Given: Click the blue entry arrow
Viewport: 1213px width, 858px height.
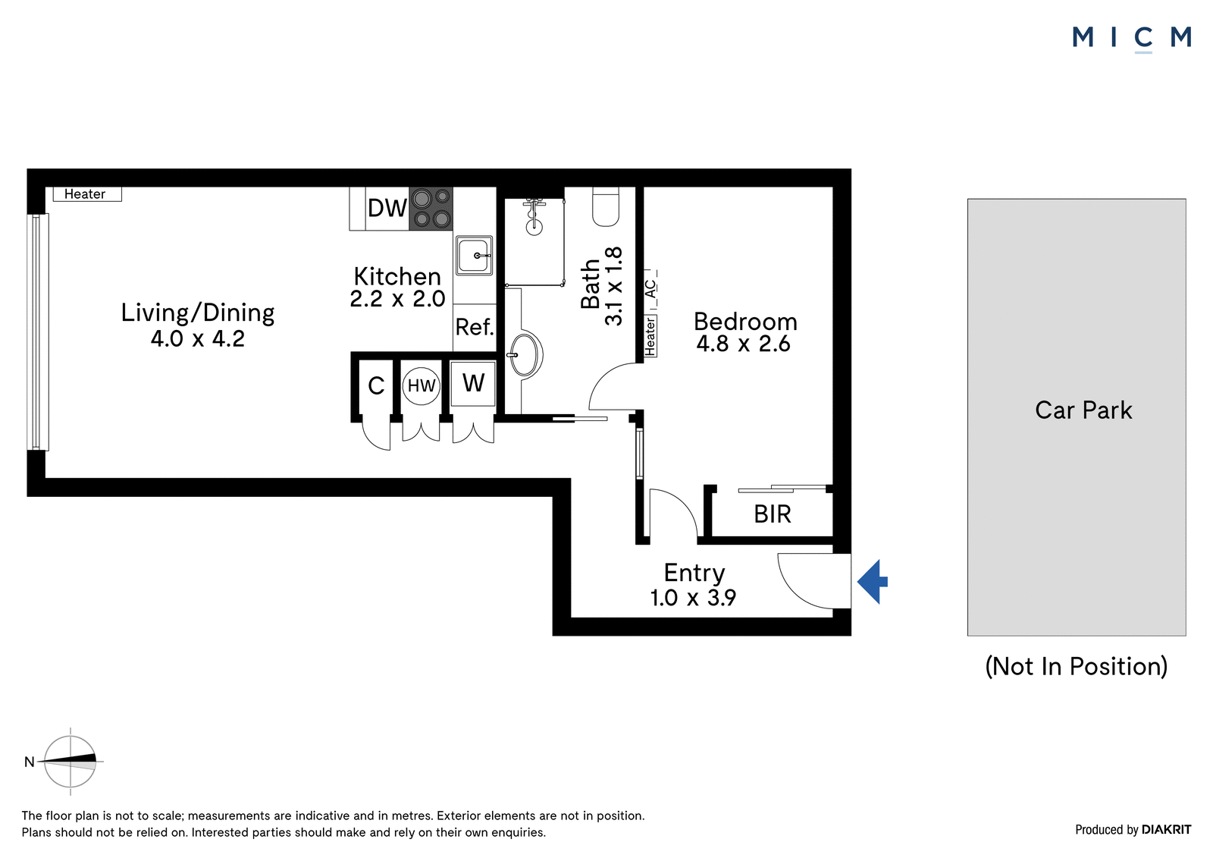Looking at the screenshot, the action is coord(872,582).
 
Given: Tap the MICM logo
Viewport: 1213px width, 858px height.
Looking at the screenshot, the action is coord(1131,39).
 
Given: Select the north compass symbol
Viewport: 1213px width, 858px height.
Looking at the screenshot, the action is coord(70,762).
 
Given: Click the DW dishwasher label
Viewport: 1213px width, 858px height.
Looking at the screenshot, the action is coord(387,208).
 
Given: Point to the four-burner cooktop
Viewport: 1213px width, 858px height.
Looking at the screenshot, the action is coord(431,209).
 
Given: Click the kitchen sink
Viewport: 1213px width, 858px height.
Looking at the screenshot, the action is coord(474,256).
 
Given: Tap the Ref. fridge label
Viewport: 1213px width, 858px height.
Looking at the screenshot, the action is coord(475,328).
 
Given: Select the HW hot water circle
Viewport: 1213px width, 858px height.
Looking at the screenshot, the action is coord(422,386).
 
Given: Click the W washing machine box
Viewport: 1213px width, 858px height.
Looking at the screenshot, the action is coord(473,384).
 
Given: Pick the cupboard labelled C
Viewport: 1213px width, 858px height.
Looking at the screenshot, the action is coord(376,386).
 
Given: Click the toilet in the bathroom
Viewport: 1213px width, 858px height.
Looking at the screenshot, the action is coord(606,206).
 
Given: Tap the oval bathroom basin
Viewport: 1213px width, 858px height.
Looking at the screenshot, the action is coord(525,355).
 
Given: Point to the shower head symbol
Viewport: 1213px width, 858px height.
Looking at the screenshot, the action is coord(534,217).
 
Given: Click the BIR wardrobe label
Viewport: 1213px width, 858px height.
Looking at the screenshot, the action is coord(773,514).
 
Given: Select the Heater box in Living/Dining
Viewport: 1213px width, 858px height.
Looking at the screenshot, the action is coord(87,194).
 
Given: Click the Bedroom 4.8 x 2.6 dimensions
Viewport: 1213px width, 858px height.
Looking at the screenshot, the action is coord(743,344).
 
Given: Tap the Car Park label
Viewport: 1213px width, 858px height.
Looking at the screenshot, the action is coord(1083,410).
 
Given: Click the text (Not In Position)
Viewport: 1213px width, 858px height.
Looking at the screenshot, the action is coord(1076,666).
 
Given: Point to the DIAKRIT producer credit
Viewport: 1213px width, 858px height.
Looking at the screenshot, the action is coord(1166,830).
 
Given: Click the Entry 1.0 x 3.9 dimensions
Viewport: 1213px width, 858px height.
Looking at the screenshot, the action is coord(693,598).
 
